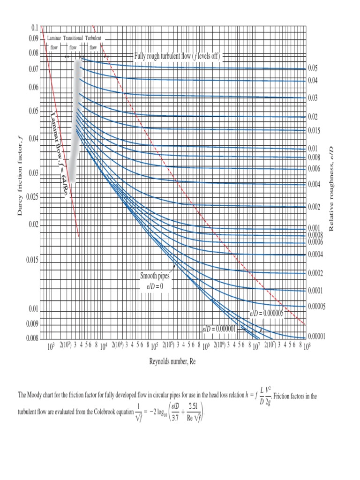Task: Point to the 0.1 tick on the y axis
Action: [34, 29]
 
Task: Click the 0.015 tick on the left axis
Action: [31, 260]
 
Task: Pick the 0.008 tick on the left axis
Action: [31, 337]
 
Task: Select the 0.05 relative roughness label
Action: [313, 68]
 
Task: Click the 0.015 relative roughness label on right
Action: [314, 131]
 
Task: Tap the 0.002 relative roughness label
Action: [314, 207]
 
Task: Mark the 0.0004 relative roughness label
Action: [315, 255]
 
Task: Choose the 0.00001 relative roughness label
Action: [317, 337]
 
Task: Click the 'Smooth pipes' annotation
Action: [155, 276]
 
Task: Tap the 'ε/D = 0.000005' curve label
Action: [266, 314]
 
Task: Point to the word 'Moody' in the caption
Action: [41, 397]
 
